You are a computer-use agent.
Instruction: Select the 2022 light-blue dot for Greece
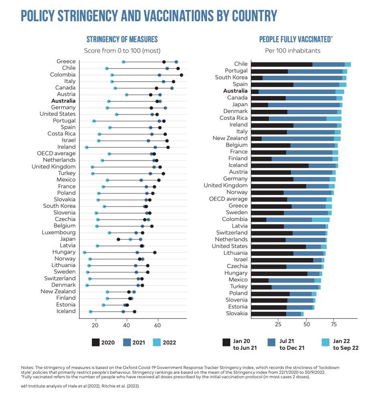click(x=124, y=62)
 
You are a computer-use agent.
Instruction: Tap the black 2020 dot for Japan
click(x=118, y=239)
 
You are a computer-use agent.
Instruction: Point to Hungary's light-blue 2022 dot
click(x=85, y=252)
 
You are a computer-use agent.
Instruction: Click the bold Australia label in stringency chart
click(x=63, y=101)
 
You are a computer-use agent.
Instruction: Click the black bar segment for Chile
click(x=282, y=64)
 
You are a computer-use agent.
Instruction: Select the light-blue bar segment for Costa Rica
click(x=333, y=118)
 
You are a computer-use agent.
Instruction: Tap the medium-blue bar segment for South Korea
click(x=302, y=78)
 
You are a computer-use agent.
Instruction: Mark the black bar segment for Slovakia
click(x=269, y=314)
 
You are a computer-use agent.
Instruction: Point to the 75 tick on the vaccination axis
click(x=333, y=324)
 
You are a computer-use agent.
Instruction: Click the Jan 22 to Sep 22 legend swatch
click(x=325, y=342)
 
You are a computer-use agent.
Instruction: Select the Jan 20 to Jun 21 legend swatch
click(x=226, y=342)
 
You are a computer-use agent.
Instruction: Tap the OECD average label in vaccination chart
click(x=228, y=199)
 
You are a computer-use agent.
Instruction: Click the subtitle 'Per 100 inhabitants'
click(x=293, y=51)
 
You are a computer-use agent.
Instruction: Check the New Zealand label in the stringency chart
click(x=58, y=292)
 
